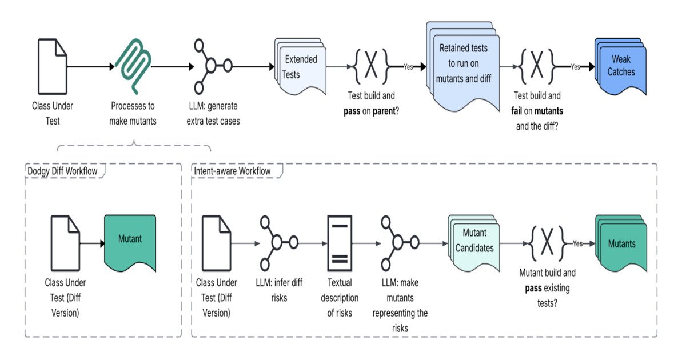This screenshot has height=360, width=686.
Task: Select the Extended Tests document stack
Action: pos(300,67)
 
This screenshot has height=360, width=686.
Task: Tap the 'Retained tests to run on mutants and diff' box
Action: pos(462,63)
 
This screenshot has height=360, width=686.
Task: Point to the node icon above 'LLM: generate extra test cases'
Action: pos(211,66)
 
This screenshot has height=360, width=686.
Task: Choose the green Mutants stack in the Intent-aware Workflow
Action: pos(621,243)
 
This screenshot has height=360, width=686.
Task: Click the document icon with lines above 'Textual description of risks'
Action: pos(340,243)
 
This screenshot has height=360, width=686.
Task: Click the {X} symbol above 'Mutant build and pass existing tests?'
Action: pos(547,243)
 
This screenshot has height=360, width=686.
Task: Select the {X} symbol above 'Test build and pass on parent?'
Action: pos(372,66)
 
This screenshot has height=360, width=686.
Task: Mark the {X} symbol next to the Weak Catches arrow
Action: pos(537,66)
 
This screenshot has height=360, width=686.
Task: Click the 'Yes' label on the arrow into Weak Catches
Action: pos(575,67)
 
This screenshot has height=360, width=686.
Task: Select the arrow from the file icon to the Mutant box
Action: pos(93,243)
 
